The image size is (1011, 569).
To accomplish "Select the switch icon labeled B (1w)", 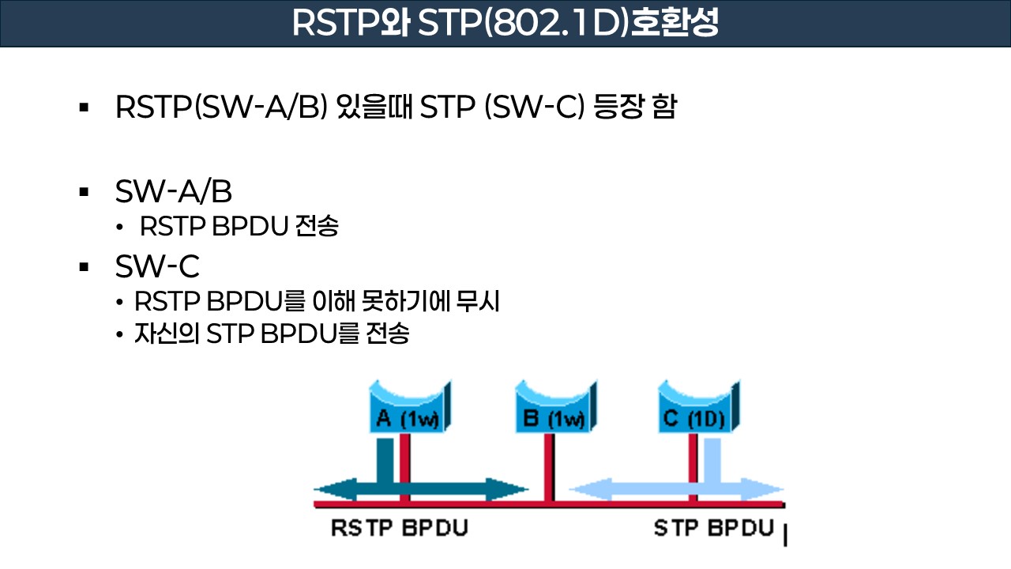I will click(553, 406).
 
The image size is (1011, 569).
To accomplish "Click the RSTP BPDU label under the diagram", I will click(399, 528).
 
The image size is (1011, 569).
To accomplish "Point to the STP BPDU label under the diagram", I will click(714, 528).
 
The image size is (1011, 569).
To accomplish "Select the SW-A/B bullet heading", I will click(173, 191).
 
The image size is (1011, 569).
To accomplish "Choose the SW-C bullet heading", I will click(157, 267).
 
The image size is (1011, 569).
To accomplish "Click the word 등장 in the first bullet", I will click(618, 107).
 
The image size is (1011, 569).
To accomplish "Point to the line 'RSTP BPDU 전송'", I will click(239, 227).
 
